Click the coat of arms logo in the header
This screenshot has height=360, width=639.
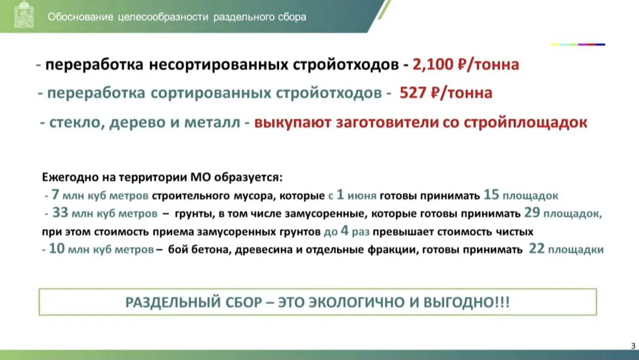[x=24, y=15]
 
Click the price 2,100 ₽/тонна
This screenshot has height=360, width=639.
[x=466, y=65]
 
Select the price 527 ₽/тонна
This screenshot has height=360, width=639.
[x=446, y=93]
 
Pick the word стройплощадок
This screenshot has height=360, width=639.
[x=525, y=123]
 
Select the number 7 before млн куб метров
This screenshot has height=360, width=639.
[x=55, y=195]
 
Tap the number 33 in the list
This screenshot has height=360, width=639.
[x=60, y=213]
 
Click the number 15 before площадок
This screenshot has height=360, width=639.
[x=492, y=195]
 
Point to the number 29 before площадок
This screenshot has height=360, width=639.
[x=532, y=213]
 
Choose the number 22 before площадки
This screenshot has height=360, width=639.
[x=537, y=249]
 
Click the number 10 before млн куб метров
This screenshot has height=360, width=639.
[x=57, y=249]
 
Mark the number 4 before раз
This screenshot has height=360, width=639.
[x=345, y=231]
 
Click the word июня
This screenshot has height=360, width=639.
[x=362, y=196]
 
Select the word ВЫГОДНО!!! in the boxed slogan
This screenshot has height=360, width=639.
[x=467, y=302]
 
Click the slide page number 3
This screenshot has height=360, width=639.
[x=633, y=346]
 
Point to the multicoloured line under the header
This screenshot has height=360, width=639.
[x=578, y=44]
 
